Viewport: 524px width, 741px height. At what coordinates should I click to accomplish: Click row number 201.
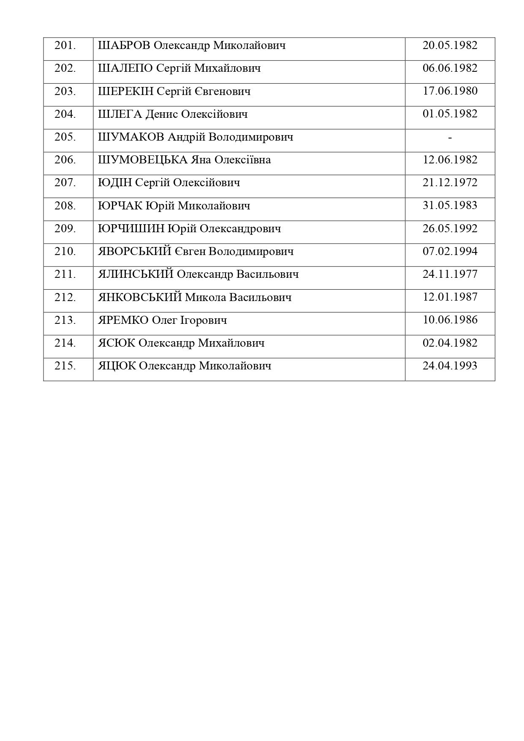[65, 46]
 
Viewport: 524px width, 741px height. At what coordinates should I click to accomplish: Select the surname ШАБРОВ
[124, 46]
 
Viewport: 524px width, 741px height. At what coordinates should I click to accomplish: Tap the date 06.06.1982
[450, 68]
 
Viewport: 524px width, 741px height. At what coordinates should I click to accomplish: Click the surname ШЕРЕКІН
[125, 92]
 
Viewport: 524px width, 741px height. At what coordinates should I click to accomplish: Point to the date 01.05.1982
[450, 114]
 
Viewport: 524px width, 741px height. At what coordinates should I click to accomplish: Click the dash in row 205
[450, 137]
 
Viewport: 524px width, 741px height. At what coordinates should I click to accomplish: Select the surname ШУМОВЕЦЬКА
[143, 160]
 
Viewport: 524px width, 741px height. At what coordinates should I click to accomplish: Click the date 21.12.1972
[450, 183]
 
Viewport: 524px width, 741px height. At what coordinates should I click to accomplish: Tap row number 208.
[65, 206]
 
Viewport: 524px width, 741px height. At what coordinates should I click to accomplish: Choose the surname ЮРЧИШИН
[131, 229]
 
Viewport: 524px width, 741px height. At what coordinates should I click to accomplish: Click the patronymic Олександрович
[240, 229]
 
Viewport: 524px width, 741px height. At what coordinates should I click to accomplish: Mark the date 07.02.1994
[450, 252]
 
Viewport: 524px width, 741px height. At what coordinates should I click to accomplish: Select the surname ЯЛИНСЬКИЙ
[136, 274]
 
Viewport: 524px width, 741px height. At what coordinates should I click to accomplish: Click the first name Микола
[206, 297]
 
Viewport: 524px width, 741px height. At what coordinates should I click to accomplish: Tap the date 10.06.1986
[450, 320]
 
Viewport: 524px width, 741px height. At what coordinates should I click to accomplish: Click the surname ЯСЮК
[117, 343]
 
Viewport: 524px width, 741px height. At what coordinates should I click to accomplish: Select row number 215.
[65, 366]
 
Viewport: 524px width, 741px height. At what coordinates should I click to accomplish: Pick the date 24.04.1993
[450, 366]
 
